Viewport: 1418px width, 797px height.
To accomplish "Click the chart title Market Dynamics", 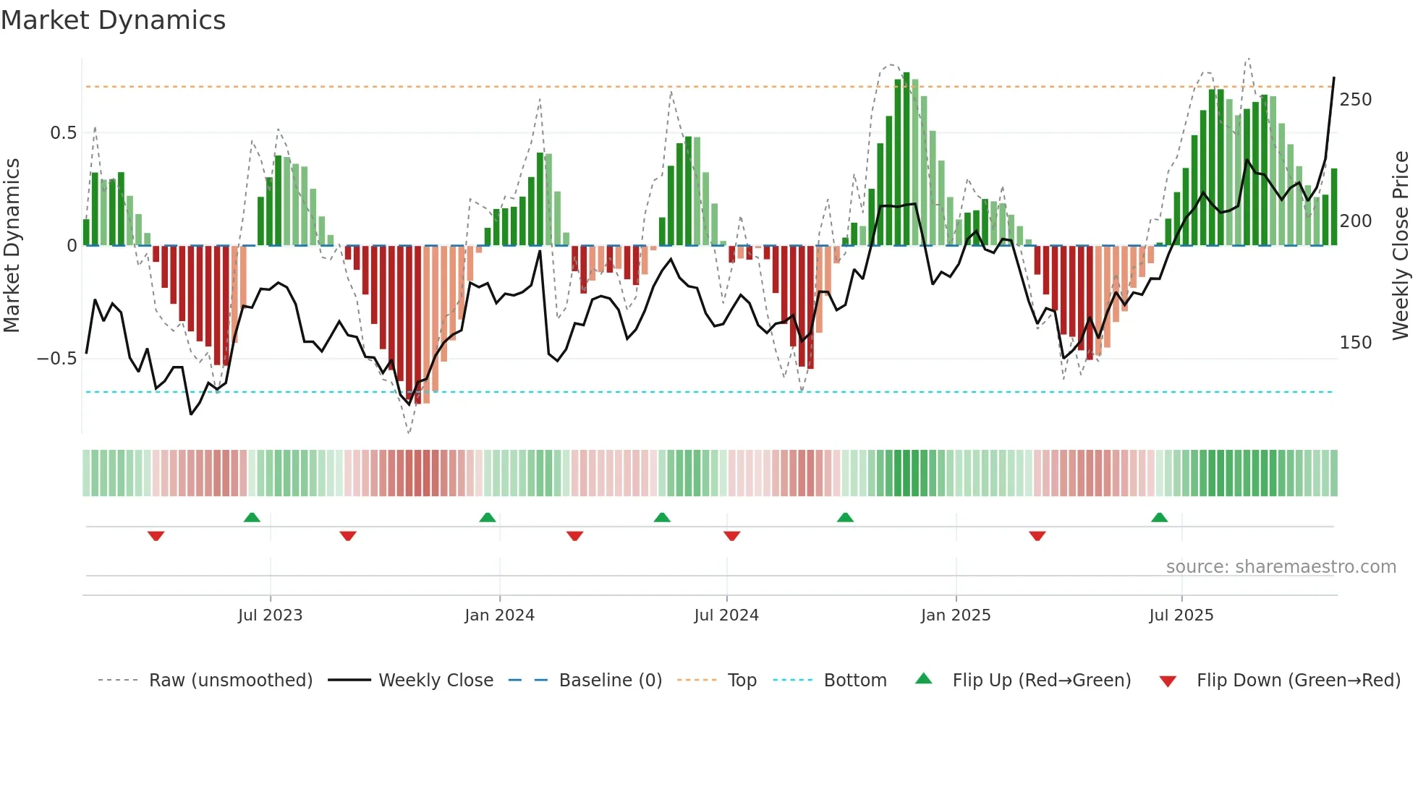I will coord(114,20).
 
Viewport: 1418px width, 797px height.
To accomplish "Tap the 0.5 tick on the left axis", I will coord(63,133).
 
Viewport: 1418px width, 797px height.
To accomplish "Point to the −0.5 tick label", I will coord(57,359).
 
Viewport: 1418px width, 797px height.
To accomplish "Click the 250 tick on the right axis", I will coord(1355,100).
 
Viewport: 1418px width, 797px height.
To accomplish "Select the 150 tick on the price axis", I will coord(1355,343).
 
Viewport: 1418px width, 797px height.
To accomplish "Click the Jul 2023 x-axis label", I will coord(270,615).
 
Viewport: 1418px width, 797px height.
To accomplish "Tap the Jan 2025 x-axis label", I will coord(955,615).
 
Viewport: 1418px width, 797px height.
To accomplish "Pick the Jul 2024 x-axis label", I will coord(726,615).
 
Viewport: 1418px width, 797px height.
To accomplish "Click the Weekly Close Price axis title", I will coord(1401,246).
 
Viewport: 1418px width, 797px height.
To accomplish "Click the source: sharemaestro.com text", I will coord(1281,567).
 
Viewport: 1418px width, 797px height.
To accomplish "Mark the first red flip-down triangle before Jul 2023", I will coord(156,536).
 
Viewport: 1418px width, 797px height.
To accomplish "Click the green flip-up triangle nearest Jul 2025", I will coord(1159,517).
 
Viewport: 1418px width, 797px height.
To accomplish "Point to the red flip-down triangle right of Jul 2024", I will coord(731,536).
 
